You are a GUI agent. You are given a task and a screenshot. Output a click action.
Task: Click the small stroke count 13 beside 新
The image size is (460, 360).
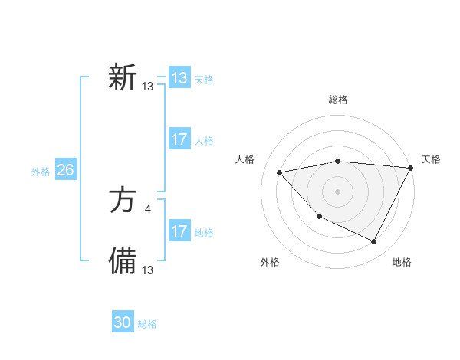(148, 87)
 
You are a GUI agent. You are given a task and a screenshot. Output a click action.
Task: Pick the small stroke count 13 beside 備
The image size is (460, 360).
(148, 270)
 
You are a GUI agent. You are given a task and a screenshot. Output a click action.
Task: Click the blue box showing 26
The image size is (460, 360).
(65, 170)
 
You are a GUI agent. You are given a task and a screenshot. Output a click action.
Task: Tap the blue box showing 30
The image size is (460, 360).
(123, 322)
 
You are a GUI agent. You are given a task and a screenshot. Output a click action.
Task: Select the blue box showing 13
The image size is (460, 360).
(179, 78)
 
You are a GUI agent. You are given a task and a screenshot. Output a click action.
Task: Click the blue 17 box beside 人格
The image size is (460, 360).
(179, 139)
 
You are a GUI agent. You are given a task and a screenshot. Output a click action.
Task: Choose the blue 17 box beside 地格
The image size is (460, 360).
(179, 231)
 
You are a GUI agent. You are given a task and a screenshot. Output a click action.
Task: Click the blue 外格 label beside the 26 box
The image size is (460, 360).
(41, 172)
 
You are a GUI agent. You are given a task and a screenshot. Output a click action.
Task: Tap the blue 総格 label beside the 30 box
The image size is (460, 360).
(147, 324)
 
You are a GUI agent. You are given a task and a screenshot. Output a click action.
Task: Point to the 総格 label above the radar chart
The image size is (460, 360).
(338, 100)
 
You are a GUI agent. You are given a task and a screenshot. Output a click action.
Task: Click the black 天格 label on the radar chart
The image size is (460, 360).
(431, 159)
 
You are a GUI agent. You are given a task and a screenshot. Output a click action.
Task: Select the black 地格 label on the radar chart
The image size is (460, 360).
(402, 262)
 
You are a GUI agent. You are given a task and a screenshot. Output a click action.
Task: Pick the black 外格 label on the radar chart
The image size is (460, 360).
(270, 262)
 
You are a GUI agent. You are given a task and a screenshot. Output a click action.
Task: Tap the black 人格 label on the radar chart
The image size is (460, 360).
(245, 159)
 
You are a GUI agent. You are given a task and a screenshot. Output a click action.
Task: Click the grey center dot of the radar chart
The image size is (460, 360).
(338, 191)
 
